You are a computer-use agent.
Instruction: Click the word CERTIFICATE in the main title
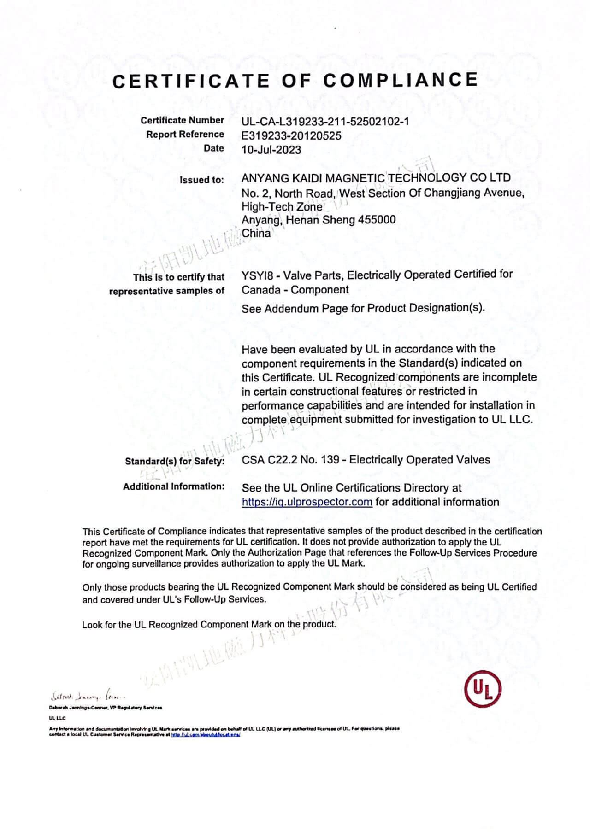tap(191, 81)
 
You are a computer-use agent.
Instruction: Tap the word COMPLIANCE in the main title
tap(400, 80)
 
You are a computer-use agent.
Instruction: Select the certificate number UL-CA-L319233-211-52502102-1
tap(325, 122)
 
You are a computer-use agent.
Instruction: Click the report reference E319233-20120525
tap(291, 136)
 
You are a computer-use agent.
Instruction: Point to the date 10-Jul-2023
tap(271, 150)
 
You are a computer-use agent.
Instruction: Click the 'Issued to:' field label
tap(201, 180)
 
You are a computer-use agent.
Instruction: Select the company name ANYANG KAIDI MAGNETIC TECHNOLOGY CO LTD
tap(376, 178)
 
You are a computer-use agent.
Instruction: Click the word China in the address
tap(256, 233)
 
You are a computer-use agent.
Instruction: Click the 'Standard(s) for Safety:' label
tap(174, 461)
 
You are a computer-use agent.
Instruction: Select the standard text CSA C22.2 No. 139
tap(290, 460)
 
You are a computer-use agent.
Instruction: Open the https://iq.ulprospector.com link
tap(307, 502)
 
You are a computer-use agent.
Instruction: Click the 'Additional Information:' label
tap(173, 486)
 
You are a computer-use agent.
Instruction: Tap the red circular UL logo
tap(482, 689)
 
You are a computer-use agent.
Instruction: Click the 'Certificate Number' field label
tap(182, 120)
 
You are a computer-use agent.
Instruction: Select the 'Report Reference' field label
tap(185, 135)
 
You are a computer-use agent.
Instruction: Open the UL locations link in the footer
tap(206, 735)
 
